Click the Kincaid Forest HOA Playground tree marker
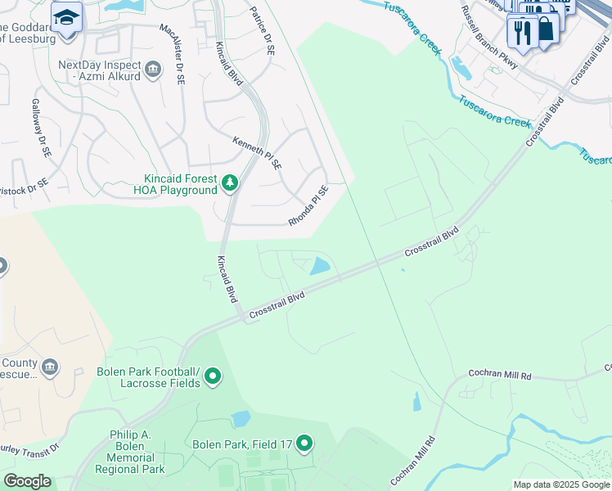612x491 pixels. point(230,183)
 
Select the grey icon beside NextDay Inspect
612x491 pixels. point(152,71)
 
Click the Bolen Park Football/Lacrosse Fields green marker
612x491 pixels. point(213,376)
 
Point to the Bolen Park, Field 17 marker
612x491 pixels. point(304,444)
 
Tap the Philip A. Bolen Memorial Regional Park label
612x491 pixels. point(130,452)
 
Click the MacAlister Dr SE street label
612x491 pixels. point(174,52)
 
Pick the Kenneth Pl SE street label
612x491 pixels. point(257,153)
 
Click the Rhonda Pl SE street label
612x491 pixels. point(308,206)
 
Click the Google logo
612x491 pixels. point(27,481)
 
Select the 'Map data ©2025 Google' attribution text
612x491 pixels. point(560,484)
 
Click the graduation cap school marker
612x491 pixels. point(66,16)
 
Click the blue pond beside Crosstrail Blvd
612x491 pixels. point(319,266)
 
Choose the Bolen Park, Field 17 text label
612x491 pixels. point(242,444)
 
